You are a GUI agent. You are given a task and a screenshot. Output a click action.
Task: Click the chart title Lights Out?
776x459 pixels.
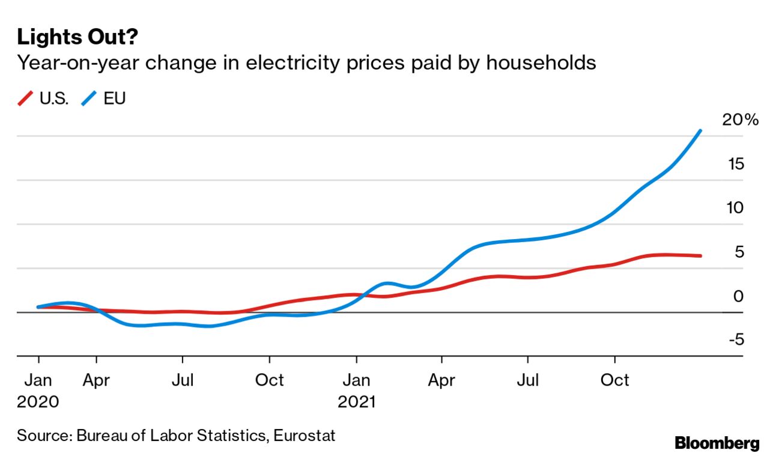click(x=78, y=37)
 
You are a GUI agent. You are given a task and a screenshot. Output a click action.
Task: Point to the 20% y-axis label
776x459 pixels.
click(x=740, y=120)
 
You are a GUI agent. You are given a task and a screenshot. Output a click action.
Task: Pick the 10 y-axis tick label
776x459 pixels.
click(x=735, y=208)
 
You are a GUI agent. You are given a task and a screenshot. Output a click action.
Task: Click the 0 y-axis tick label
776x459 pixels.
click(x=738, y=296)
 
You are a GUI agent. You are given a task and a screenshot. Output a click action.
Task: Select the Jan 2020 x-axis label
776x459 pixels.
click(x=38, y=380)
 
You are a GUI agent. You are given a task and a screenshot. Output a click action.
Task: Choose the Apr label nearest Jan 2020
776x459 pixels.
click(x=96, y=380)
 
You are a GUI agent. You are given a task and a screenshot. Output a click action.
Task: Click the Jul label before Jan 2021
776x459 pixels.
click(x=182, y=380)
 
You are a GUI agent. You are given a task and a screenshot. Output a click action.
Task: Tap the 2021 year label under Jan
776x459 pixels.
click(x=356, y=401)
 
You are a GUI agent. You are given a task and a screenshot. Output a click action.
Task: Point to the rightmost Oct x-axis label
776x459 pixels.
click(x=614, y=380)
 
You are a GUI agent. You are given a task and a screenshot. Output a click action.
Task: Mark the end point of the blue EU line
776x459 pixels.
click(x=700, y=130)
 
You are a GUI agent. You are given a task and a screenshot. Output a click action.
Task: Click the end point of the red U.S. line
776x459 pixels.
click(x=700, y=256)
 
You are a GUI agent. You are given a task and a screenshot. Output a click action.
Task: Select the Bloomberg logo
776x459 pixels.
click(x=717, y=444)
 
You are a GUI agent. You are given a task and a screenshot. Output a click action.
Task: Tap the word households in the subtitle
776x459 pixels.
click(x=541, y=62)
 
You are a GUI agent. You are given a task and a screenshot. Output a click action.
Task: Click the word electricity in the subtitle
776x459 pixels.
click(x=277, y=62)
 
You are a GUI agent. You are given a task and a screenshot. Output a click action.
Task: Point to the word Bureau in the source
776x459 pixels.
click(x=102, y=435)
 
